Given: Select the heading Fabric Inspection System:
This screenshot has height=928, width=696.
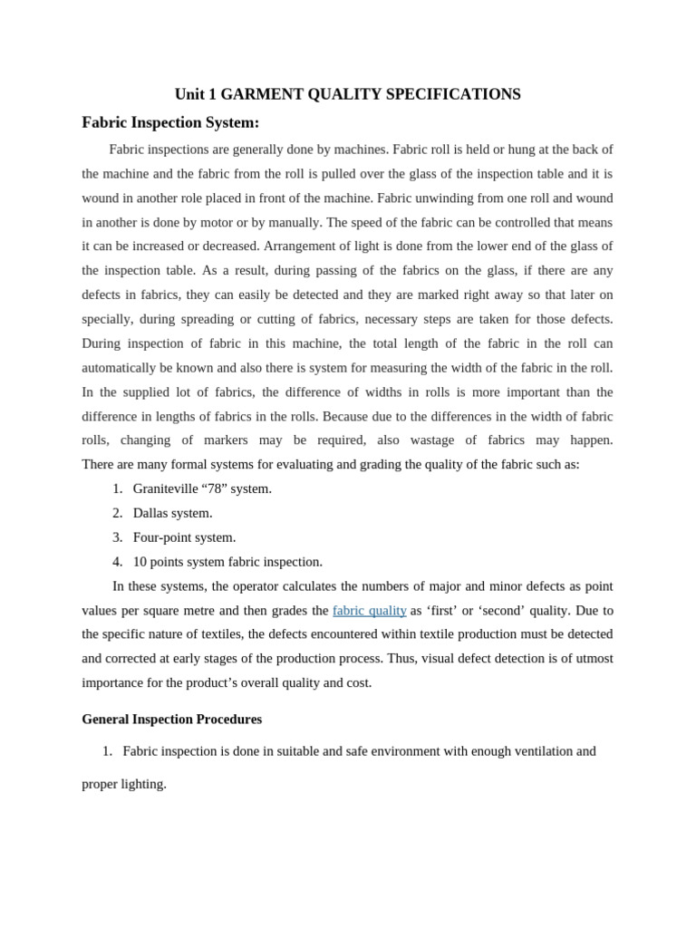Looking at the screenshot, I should pyautogui.click(x=170, y=122).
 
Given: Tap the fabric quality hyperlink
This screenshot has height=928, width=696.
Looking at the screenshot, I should pyautogui.click(x=369, y=611).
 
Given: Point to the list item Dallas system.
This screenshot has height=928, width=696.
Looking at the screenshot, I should pyautogui.click(x=172, y=513).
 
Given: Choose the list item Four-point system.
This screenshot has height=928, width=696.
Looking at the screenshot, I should pyautogui.click(x=184, y=537).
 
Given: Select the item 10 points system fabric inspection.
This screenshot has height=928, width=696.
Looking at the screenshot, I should pyautogui.click(x=227, y=562).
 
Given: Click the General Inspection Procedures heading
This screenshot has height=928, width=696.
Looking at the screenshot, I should pyautogui.click(x=171, y=720).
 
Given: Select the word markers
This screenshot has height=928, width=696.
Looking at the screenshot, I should pyautogui.click(x=225, y=440).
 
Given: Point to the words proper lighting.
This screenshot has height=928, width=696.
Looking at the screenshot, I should pyautogui.click(x=124, y=784).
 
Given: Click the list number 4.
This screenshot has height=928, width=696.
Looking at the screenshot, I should pyautogui.click(x=117, y=562).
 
